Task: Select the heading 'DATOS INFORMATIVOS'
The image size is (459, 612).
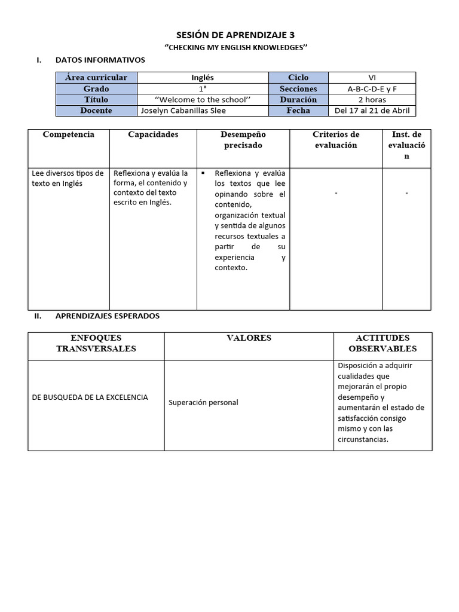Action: pos(100,60)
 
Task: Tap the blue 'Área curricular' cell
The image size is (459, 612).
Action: pos(96,78)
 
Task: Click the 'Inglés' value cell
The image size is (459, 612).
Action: pos(203,78)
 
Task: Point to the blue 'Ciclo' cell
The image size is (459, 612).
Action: pos(298,78)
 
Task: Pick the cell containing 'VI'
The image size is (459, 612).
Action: pos(372,78)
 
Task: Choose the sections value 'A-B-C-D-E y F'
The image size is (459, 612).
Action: pos(372,89)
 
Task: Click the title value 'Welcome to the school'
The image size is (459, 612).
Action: pos(203,100)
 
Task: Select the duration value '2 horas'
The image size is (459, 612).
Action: pos(372,100)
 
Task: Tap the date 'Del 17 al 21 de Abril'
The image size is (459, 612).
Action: pos(372,111)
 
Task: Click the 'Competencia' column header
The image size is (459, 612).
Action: pos(69,134)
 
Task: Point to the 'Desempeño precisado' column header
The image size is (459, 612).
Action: pos(243,140)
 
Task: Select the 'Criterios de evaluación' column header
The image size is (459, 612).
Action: pos(336,140)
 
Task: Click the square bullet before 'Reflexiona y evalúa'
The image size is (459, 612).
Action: pos(203,173)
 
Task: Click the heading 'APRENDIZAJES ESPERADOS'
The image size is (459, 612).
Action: pos(107,316)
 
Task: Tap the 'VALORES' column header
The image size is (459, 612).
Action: pos(249,338)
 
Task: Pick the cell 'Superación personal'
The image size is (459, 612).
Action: pos(203,403)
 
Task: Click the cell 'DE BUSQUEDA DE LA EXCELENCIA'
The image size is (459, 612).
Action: pos(90,397)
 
